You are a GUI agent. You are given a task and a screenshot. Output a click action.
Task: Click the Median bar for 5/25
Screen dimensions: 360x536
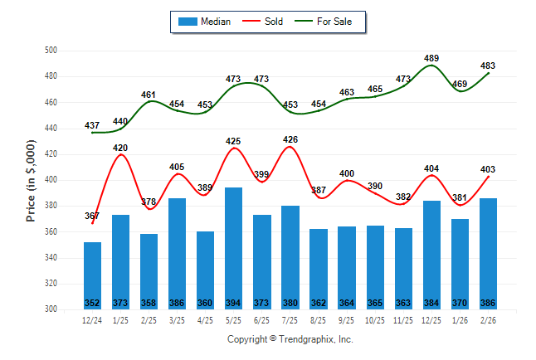click(x=234, y=248)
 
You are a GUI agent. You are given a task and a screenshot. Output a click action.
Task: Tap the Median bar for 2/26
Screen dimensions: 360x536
click(x=488, y=253)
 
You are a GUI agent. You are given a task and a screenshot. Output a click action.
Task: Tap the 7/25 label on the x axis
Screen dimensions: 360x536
click(x=290, y=319)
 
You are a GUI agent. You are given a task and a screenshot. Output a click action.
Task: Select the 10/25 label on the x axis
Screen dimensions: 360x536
click(x=375, y=319)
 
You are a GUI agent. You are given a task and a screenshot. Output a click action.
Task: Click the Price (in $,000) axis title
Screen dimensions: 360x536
click(x=31, y=180)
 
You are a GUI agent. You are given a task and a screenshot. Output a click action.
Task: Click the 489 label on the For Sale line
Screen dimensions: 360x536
click(x=431, y=58)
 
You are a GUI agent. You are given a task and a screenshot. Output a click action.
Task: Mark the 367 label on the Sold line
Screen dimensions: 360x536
click(x=92, y=216)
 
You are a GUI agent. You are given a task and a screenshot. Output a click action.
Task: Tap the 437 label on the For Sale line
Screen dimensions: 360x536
click(x=92, y=125)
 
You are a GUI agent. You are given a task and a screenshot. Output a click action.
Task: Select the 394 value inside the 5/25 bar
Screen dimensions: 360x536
click(x=234, y=303)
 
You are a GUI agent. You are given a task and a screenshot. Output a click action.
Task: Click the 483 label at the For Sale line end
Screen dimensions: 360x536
click(x=488, y=66)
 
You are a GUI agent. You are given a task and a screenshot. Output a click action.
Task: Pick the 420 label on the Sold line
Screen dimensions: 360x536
click(x=120, y=147)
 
